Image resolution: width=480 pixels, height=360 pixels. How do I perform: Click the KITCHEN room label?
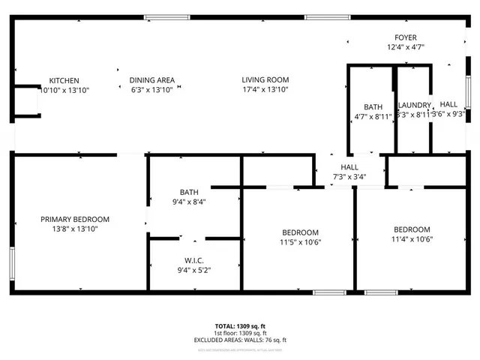tap(64, 80)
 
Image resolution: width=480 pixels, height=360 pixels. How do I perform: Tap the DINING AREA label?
tap(152, 80)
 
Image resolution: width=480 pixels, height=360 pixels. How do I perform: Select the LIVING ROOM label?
tap(265, 80)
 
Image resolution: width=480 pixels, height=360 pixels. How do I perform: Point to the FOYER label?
tap(406, 37)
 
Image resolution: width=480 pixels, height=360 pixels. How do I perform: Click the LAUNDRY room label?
tap(414, 106)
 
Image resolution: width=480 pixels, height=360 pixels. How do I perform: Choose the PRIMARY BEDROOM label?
tap(75, 219)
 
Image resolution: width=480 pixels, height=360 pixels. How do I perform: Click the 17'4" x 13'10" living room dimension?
tap(265, 89)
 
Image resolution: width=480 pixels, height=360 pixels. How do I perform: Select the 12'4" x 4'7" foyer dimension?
tap(406, 46)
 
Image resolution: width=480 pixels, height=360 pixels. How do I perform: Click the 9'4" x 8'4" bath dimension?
tap(189, 201)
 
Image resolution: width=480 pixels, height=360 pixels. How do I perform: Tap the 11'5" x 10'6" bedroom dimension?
tap(300, 241)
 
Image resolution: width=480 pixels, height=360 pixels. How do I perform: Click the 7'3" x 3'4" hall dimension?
tap(349, 176)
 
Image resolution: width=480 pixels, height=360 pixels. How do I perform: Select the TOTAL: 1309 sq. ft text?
tap(240, 326)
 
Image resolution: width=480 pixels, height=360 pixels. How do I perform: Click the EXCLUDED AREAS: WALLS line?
tap(240, 340)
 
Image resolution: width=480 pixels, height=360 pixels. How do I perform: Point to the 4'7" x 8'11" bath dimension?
tap(373, 115)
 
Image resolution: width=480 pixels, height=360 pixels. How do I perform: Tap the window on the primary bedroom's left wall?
tap(12, 264)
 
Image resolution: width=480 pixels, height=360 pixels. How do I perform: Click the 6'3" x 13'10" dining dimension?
tap(152, 89)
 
